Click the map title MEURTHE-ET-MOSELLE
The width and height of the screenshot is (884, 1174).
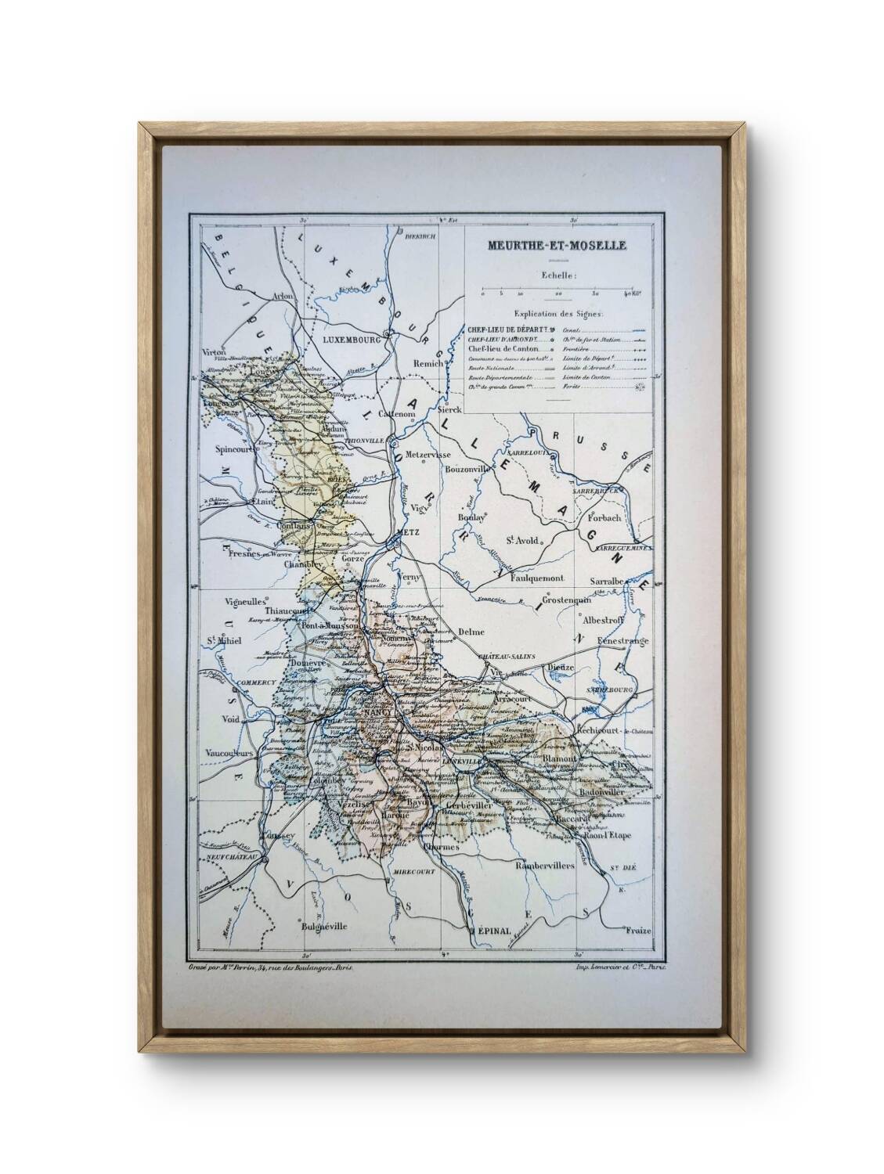557,245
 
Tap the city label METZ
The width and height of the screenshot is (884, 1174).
404,531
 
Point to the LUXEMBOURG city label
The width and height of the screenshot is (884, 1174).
351,341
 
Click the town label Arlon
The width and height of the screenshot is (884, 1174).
282,297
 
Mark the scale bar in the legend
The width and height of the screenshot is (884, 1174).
557,290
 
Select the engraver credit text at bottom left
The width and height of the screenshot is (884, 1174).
271,967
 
